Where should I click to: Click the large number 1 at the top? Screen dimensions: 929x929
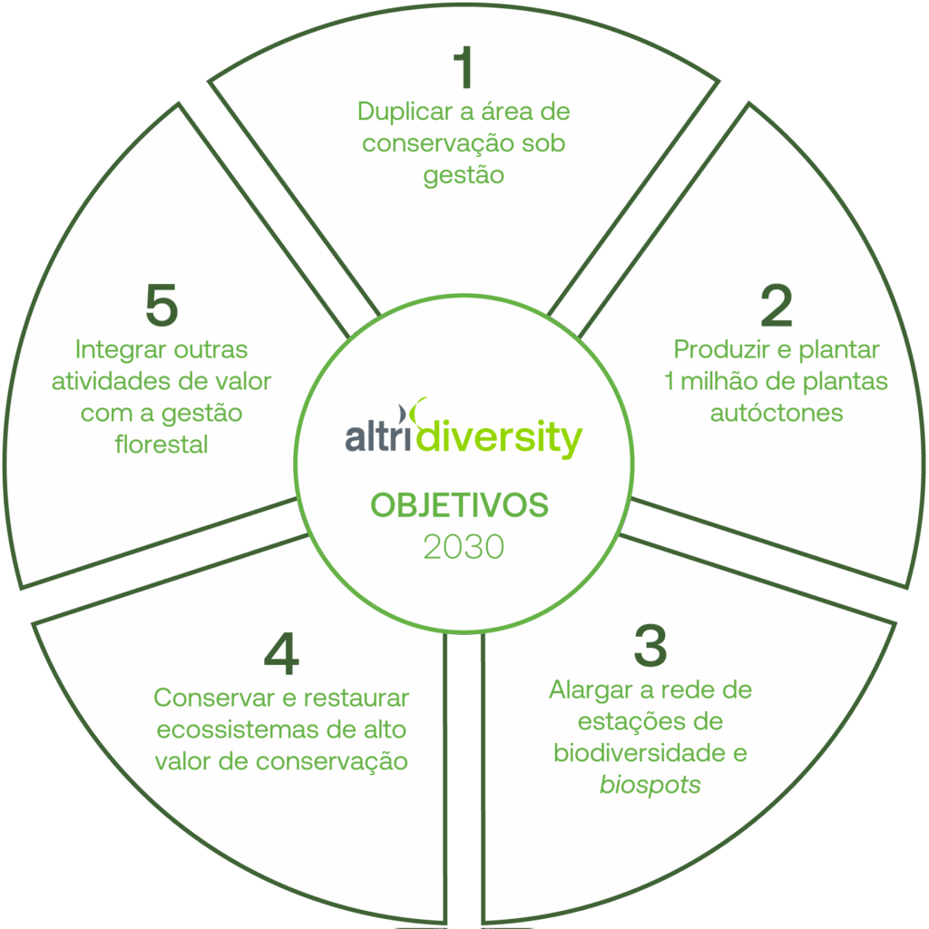[464, 69]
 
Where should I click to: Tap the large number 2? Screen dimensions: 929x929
[777, 307]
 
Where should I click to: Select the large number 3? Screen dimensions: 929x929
[650, 646]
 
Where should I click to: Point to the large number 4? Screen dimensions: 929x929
[281, 655]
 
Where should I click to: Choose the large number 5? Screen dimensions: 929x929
[161, 306]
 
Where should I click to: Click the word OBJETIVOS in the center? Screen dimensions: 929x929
[459, 505]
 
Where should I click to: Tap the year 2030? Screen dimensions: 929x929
[463, 547]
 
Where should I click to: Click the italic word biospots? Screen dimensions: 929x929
[650, 785]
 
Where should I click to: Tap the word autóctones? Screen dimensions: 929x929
[777, 413]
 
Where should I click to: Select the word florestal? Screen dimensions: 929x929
[161, 445]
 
